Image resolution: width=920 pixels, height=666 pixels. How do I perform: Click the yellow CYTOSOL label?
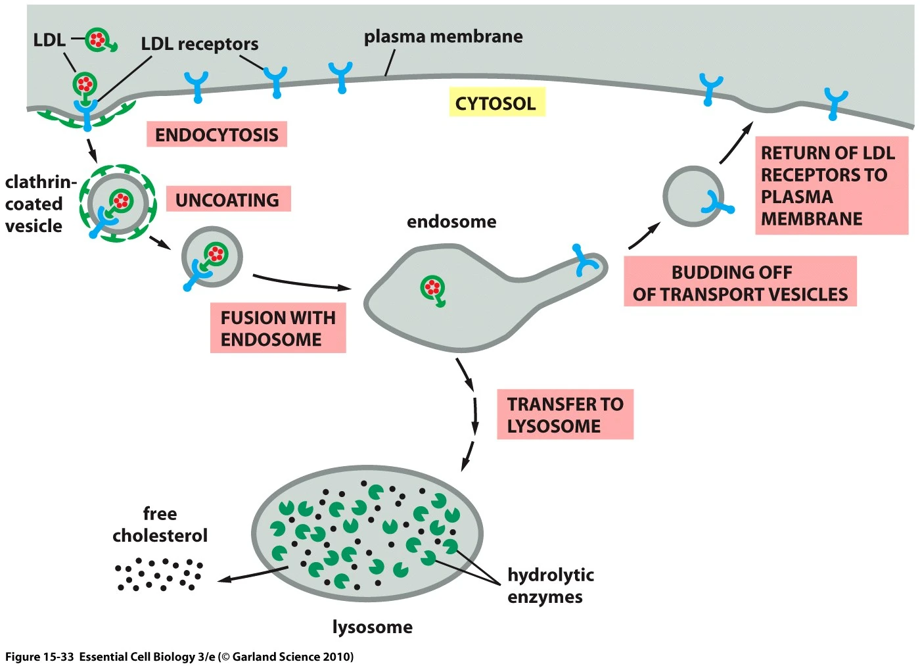[x=496, y=103]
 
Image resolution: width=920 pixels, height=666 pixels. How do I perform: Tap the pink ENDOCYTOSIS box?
[x=216, y=135]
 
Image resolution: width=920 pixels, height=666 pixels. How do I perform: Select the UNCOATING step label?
[x=227, y=200]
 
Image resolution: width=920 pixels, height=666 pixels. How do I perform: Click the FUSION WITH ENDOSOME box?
[x=277, y=329]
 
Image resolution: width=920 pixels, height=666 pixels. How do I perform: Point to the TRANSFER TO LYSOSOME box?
[x=564, y=414]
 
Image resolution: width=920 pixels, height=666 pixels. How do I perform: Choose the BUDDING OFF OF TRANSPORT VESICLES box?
[x=740, y=283]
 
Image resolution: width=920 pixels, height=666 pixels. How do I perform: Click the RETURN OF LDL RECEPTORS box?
[x=831, y=185]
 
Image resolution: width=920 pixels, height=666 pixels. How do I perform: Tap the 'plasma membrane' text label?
[x=443, y=37]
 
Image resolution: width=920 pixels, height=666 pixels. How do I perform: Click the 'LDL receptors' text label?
[x=200, y=44]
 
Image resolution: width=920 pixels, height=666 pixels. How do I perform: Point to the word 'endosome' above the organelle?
[x=451, y=222]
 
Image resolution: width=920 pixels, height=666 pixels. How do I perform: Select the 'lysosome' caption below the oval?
[x=372, y=627]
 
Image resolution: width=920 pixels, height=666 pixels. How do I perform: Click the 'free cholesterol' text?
[x=160, y=525]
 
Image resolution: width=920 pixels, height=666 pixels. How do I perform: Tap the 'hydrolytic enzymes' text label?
[x=550, y=586]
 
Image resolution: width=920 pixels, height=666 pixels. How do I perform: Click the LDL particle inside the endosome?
[x=432, y=288]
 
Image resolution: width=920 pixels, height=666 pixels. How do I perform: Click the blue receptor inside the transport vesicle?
[x=715, y=203]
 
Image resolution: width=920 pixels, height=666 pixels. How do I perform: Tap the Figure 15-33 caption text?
[x=179, y=656]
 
